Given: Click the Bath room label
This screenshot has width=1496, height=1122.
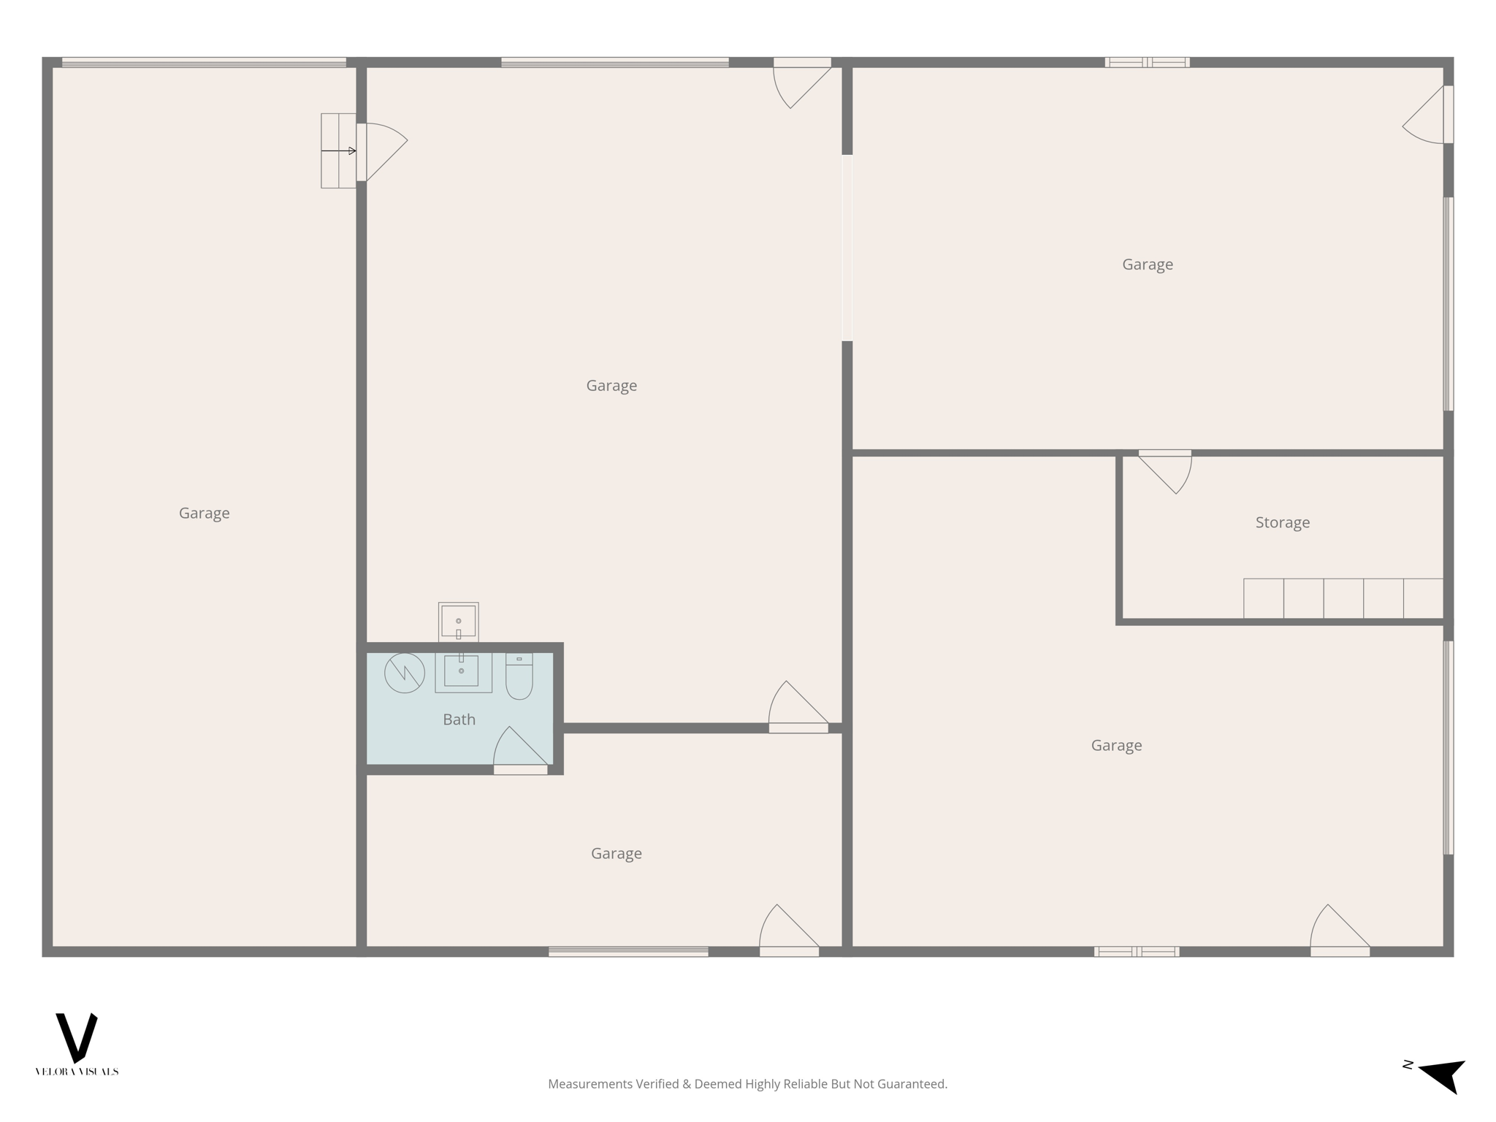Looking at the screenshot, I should pyautogui.click(x=459, y=720).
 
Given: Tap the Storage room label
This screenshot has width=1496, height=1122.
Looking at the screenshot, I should pyautogui.click(x=1282, y=522).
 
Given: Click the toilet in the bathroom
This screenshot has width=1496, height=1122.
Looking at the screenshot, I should pyautogui.click(x=519, y=677).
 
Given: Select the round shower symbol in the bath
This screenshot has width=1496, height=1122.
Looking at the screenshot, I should pyautogui.click(x=405, y=673).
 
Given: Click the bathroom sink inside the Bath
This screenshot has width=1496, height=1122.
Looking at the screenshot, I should pyautogui.click(x=462, y=671).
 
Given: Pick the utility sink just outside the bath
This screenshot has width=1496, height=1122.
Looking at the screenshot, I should pyautogui.click(x=458, y=622).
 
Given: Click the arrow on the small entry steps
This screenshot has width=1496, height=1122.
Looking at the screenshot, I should pyautogui.click(x=339, y=151).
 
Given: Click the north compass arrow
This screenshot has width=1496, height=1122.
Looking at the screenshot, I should pyautogui.click(x=1442, y=1075).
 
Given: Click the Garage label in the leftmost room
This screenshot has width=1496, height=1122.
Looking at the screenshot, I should pyautogui.click(x=205, y=513).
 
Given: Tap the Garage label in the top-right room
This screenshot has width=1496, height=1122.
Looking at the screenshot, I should pyautogui.click(x=1148, y=264).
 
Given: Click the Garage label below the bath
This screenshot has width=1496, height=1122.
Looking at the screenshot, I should pyautogui.click(x=617, y=853).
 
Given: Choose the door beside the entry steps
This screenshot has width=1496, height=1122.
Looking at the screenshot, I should pyautogui.click(x=381, y=151).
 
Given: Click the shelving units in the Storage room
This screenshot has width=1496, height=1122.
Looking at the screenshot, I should pyautogui.click(x=1343, y=598).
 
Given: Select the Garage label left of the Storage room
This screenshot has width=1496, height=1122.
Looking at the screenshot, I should pyautogui.click(x=1116, y=745).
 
